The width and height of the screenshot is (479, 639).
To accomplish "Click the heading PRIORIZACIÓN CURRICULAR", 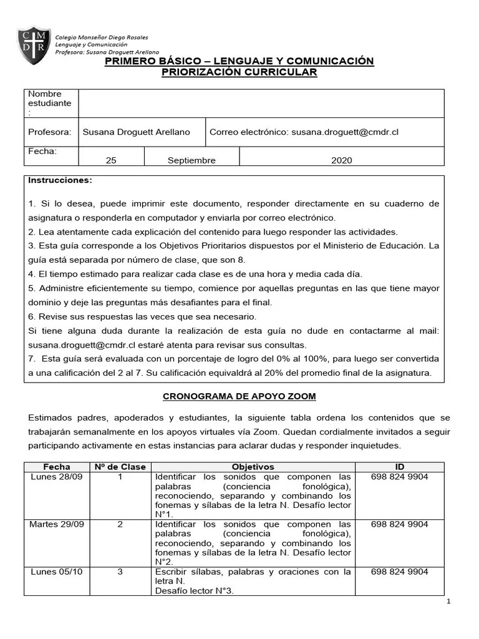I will tap(239, 72).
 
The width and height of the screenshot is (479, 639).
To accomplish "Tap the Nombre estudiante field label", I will tap(49, 103).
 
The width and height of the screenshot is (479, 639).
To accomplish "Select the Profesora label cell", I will tap(49, 132).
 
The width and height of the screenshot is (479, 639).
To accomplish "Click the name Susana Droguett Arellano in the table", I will tap(136, 132).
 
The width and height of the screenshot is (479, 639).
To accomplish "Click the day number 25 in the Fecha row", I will tap(111, 160).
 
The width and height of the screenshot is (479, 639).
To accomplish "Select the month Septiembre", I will tap(191, 160).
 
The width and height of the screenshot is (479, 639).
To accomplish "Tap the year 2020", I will tap(341, 160).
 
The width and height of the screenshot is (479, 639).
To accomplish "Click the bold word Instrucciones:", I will tap(60, 180).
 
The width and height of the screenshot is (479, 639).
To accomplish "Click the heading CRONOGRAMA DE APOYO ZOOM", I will tap(239, 396).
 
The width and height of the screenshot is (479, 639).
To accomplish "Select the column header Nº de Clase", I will tap(120, 467).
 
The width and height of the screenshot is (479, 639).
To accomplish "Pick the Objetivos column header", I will tap(253, 467).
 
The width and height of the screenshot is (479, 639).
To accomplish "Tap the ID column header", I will tap(399, 467).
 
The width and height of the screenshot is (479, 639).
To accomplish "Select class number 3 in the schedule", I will tap(120, 572).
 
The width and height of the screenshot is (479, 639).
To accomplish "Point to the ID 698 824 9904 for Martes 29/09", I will tap(399, 524).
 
